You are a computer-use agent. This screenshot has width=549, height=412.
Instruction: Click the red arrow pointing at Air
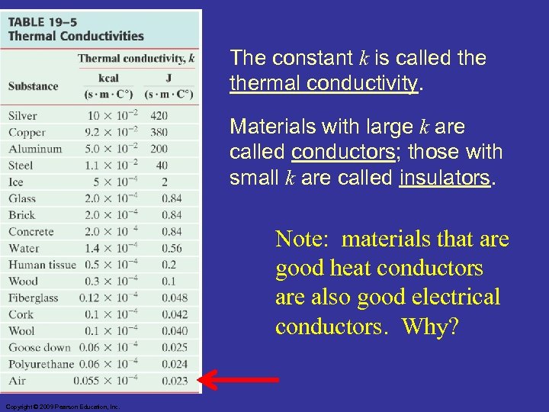click(x=238, y=379)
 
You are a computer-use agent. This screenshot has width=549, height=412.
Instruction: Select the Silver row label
click(x=23, y=116)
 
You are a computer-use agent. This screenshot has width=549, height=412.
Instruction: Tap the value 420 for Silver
click(x=159, y=116)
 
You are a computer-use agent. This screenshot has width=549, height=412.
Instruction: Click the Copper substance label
click(x=27, y=133)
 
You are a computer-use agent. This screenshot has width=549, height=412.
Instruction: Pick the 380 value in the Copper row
click(x=159, y=133)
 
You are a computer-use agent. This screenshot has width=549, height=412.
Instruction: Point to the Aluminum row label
click(x=35, y=149)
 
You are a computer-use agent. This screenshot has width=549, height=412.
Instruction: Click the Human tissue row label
click(x=42, y=265)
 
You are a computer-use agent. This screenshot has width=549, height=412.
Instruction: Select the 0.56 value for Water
click(x=172, y=248)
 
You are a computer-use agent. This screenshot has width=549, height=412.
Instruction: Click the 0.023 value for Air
click(x=175, y=380)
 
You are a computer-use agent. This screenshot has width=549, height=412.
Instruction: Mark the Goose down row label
click(x=39, y=347)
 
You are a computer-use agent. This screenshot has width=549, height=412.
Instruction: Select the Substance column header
click(x=33, y=86)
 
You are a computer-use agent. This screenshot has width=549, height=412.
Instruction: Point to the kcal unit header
click(x=108, y=79)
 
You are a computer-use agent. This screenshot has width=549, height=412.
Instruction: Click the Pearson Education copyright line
click(x=61, y=407)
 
